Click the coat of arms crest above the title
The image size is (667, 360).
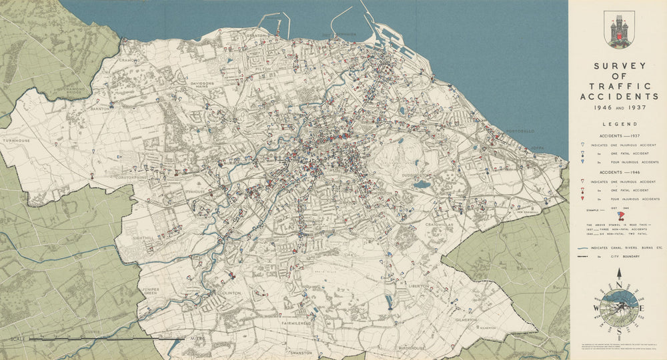[x=618, y=29]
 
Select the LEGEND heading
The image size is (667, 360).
[x=618, y=124]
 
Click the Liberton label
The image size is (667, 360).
[x=418, y=285]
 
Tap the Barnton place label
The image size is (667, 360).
[x=99, y=107]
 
